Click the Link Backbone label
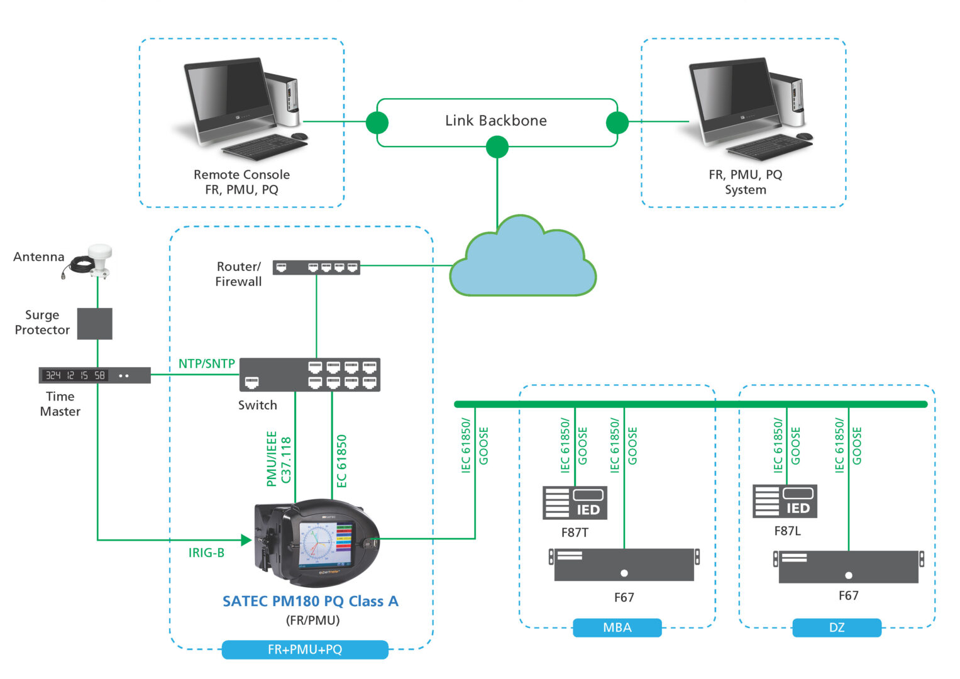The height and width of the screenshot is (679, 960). (495, 121)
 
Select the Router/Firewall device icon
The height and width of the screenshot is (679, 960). (316, 267)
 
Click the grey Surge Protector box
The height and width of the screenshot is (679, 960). (95, 324)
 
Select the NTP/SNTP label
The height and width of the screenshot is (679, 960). (207, 363)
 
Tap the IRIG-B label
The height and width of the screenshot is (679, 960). (206, 553)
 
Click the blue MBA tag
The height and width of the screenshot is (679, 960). (617, 627)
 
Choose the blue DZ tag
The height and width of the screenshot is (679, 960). (836, 627)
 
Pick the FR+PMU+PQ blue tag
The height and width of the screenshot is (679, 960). (305, 649)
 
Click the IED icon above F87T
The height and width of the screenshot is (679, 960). (575, 503)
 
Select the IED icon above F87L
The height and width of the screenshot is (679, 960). (785, 501)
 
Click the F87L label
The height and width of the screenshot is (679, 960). (787, 531)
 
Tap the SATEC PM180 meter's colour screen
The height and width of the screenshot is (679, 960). (325, 543)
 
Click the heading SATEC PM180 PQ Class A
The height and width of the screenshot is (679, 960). (311, 601)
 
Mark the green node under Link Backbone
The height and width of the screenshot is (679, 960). (497, 147)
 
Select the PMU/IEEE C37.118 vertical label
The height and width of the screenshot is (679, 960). (279, 458)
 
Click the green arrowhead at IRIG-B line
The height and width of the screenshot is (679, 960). (246, 539)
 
